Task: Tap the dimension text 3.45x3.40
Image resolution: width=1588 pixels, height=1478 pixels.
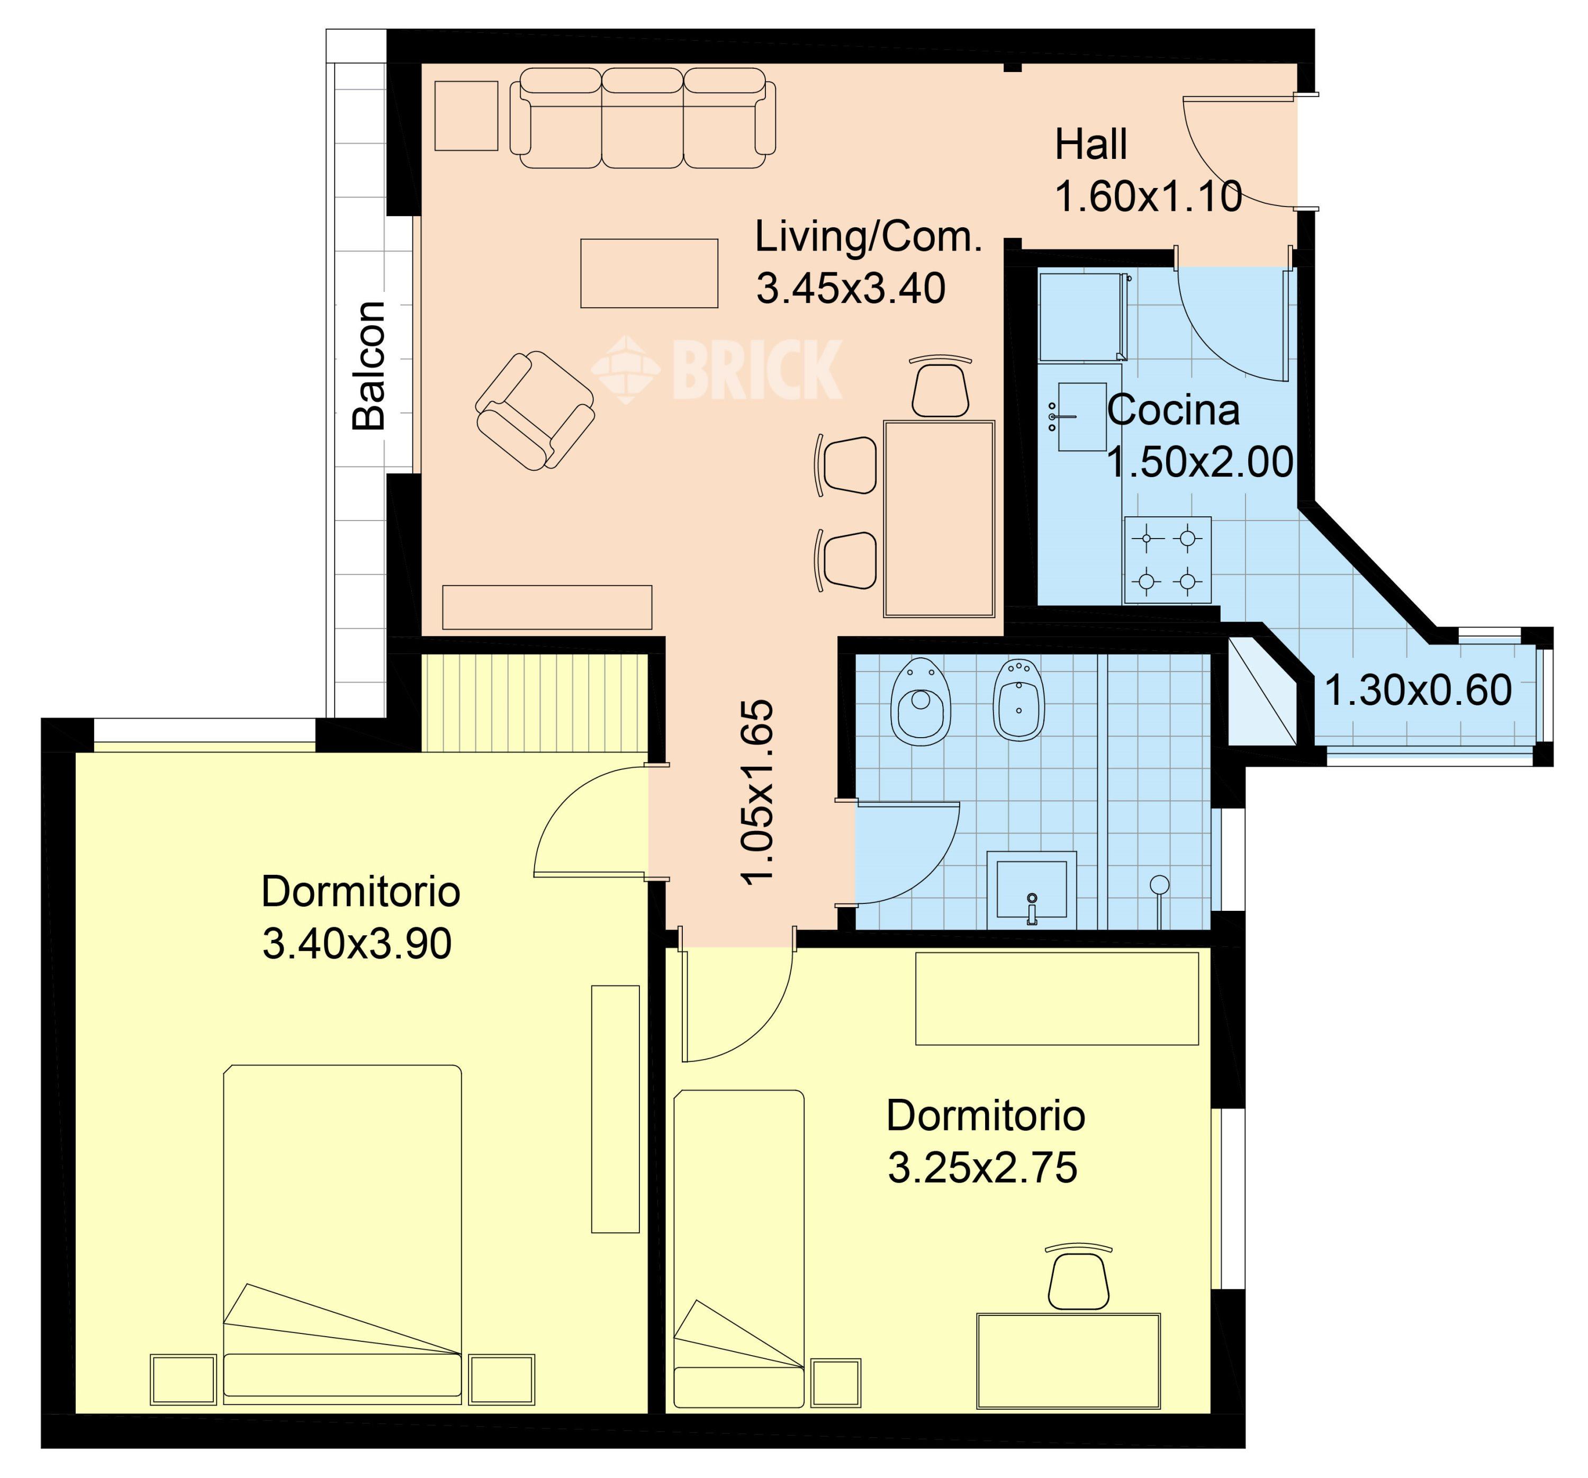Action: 851,289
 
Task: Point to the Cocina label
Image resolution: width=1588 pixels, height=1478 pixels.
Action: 1174,410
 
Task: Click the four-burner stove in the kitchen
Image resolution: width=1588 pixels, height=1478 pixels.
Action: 1168,560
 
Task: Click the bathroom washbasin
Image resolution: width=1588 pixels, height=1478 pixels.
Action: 1031,890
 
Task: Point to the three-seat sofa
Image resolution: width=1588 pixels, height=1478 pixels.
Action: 642,118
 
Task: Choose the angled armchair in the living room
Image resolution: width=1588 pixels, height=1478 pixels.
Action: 535,410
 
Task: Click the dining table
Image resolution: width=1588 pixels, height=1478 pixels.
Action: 940,518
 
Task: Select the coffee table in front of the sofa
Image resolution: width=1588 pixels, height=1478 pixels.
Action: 648,273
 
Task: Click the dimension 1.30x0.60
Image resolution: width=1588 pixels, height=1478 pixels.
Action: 1418,690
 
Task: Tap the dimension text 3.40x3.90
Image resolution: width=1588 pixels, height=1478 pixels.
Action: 357,944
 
